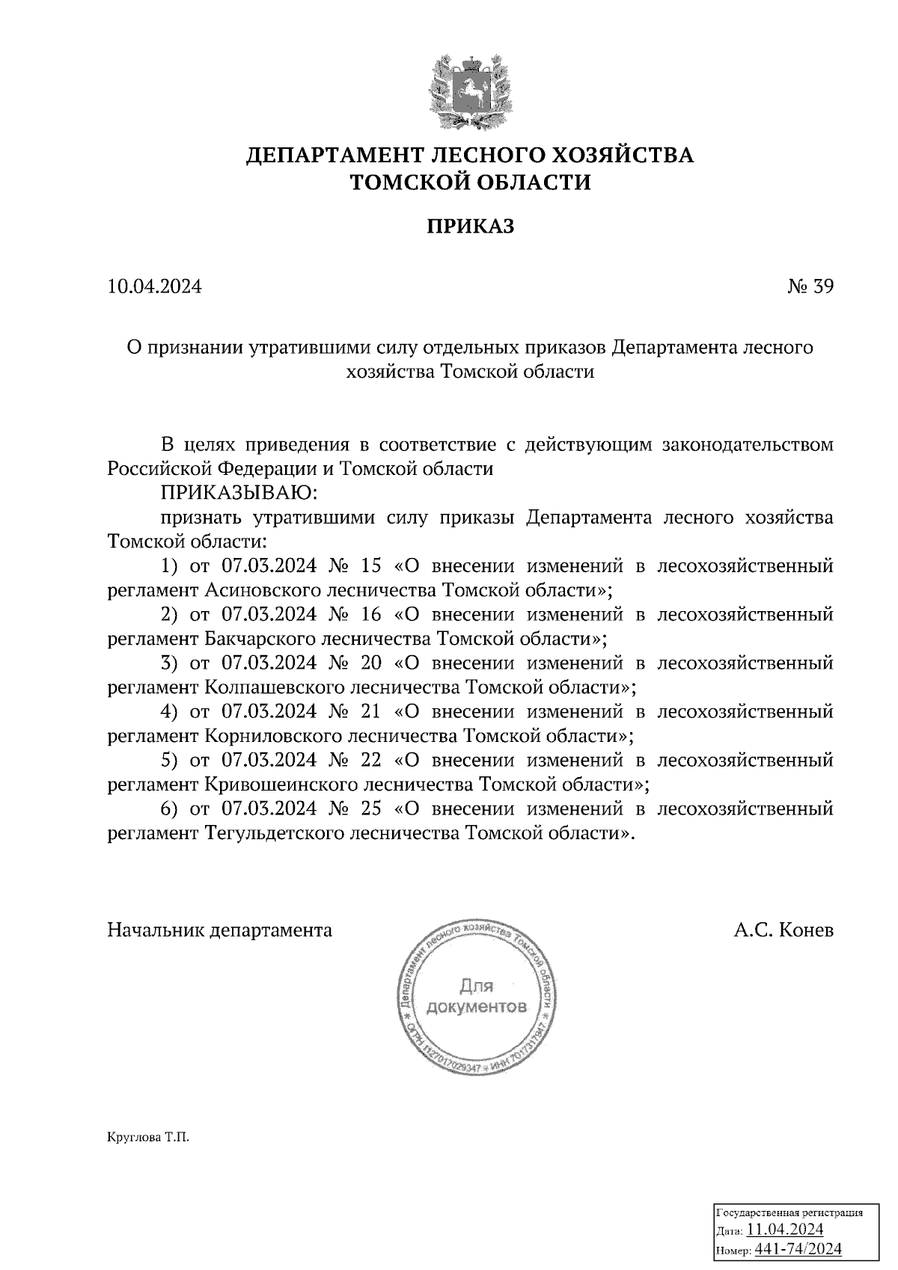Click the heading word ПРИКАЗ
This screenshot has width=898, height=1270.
[x=471, y=227]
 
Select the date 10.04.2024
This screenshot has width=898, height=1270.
[x=154, y=287]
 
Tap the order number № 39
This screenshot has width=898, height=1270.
[x=810, y=287]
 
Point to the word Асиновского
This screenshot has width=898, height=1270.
[x=265, y=590]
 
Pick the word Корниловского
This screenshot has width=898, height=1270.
[x=275, y=736]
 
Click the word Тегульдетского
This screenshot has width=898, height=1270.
[x=275, y=833]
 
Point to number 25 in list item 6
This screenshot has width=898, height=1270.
[x=370, y=809]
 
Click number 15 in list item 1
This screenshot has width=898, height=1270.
[x=370, y=566]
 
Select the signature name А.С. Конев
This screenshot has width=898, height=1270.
[x=784, y=930]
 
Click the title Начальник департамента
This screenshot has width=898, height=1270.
[x=220, y=930]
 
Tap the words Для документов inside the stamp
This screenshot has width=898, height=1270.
[x=476, y=996]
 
